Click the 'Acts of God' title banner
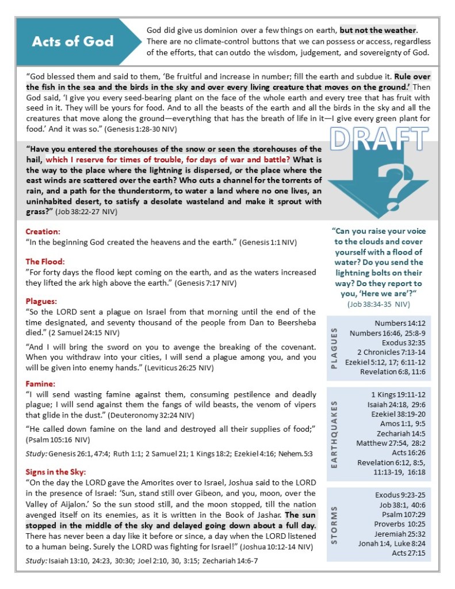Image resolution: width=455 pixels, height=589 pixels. click(x=73, y=41)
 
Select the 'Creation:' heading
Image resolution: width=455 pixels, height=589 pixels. click(x=43, y=231)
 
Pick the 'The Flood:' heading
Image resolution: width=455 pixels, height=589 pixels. click(x=45, y=261)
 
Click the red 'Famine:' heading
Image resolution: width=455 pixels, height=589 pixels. click(x=40, y=383)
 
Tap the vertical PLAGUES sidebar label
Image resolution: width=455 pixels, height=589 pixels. click(x=334, y=348)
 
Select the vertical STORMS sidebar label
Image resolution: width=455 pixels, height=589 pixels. click(x=334, y=524)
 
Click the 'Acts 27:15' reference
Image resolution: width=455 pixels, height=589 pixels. click(x=408, y=553)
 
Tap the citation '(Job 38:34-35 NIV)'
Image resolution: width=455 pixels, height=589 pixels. click(x=378, y=303)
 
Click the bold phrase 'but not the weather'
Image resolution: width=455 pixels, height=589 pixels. click(x=378, y=30)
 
